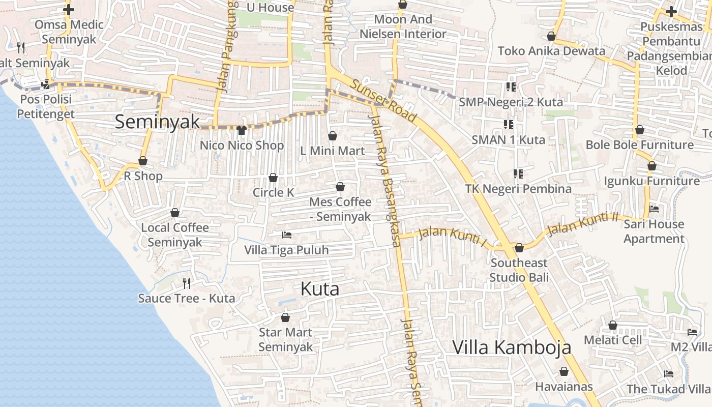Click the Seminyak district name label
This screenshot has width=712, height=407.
coord(157,122)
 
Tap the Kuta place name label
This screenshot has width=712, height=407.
coord(320,289)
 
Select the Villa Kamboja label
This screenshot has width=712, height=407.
coord(512,347)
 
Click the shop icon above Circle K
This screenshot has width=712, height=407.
coord(273,178)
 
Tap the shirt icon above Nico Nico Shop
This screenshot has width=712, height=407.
coord(242,130)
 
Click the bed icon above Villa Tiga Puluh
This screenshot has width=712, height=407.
coord(287,235)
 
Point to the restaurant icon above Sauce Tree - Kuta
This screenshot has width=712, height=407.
coord(187,283)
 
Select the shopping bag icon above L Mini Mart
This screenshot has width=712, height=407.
coord(333,136)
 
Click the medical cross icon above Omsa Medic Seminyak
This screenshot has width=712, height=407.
coord(69,10)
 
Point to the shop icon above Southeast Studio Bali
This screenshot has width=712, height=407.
coord(519,248)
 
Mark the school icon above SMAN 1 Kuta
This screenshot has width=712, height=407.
coord(509,124)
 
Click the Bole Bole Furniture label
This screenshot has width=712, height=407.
coord(639,145)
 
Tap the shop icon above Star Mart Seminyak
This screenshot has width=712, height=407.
coord(285,317)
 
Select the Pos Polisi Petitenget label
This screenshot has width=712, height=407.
coord(46,106)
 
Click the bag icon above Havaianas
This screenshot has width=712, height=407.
coord(563,371)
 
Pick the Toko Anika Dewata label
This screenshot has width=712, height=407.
coord(551,51)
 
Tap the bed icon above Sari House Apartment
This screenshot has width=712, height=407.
coord(654,209)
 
